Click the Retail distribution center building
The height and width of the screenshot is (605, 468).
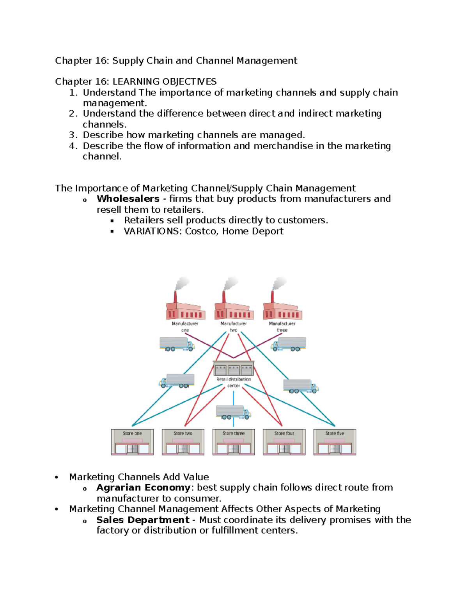(x=233, y=368)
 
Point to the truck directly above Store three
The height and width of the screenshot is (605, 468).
(x=233, y=412)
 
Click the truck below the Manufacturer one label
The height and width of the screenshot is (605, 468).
(x=177, y=344)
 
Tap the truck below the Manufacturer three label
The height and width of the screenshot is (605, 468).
(x=289, y=344)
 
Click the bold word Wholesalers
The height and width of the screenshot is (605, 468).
(x=128, y=199)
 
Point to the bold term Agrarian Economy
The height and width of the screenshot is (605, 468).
(x=143, y=487)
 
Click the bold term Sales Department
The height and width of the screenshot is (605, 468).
(x=143, y=520)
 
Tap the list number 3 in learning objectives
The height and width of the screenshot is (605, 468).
(x=73, y=135)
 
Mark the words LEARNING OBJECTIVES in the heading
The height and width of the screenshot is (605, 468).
(x=165, y=81)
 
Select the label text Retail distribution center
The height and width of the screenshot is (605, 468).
(x=234, y=382)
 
